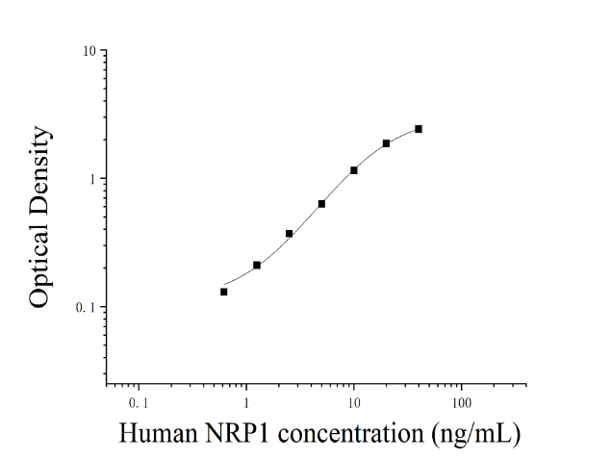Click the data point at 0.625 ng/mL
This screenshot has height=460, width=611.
223,292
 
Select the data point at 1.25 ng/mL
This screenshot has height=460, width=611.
257,265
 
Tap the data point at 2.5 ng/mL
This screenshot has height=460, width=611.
289,234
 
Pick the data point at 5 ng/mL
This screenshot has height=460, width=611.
321,204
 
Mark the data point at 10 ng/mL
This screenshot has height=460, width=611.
354,170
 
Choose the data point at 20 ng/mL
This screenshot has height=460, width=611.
386,143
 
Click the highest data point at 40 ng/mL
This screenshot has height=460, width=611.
419,129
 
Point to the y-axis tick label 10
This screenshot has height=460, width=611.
89,51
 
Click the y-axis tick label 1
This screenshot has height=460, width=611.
92,179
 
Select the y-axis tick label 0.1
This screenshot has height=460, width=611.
86,307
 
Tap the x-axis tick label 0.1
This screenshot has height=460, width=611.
139,403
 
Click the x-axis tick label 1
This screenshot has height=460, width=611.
246,403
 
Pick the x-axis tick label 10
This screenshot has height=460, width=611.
354,403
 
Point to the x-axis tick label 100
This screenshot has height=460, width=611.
462,403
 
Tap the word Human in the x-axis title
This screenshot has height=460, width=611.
158,433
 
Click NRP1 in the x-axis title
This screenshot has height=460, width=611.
238,433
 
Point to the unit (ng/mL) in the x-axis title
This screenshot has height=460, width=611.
475,435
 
